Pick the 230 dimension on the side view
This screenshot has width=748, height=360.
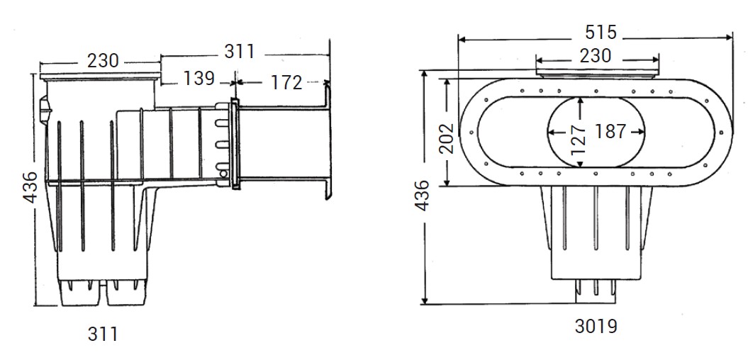[x=103, y=61]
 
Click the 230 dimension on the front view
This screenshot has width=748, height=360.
[x=596, y=55]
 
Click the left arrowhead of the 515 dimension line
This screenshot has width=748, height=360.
[x=462, y=39]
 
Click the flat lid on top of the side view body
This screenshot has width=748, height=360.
[x=100, y=74]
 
